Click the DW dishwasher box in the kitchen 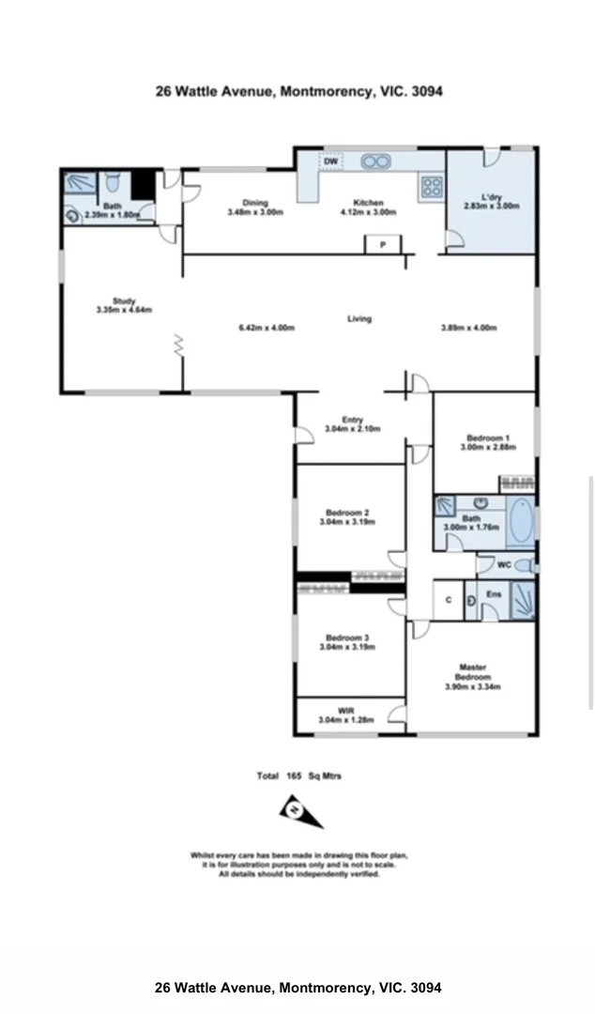pos(329,162)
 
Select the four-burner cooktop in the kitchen pos(432,186)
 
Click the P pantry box pos(383,245)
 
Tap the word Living pos(359,318)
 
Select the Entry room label pos(352,420)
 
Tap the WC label pos(503,565)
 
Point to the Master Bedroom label pos(473,672)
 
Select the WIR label pos(346,710)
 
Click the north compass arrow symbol pos(301,811)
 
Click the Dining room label pos(254,203)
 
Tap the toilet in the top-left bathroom pos(112,181)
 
